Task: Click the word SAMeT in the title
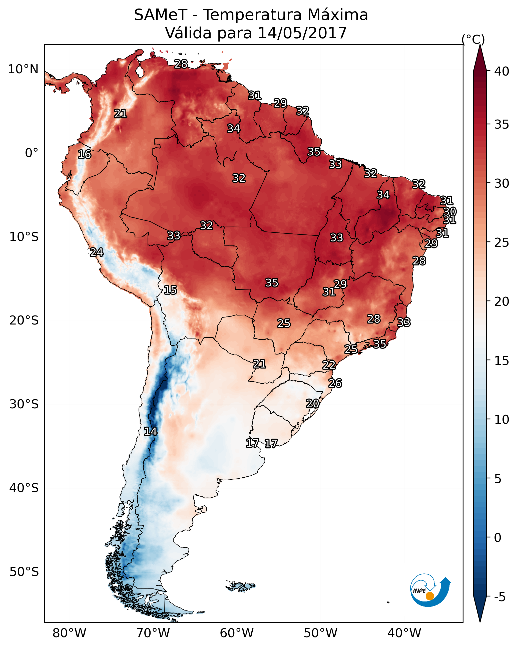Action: [x=161, y=15]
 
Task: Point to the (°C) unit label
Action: [x=473, y=39]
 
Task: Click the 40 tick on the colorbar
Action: [x=502, y=71]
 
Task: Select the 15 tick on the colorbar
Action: [x=502, y=361]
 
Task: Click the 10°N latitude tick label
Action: [x=23, y=69]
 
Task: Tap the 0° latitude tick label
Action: [x=32, y=153]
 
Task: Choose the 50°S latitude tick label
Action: [x=24, y=572]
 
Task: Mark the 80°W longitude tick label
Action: [x=69, y=633]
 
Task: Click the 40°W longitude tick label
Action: [x=404, y=633]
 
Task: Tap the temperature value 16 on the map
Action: [x=85, y=155]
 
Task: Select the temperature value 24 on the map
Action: [x=97, y=252]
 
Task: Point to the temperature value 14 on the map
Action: [x=150, y=432]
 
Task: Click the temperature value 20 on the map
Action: [x=312, y=404]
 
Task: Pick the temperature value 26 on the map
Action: [x=335, y=383]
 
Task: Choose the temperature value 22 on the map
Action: [x=329, y=365]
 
